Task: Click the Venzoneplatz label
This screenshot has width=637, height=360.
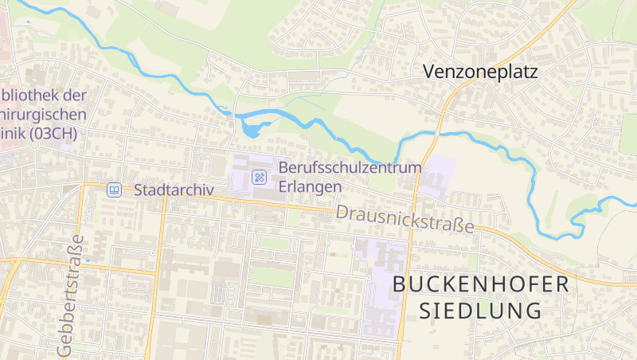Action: click(x=480, y=72)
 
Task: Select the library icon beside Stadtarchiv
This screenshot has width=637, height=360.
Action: click(x=115, y=190)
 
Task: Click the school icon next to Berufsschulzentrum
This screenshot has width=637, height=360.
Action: click(x=259, y=177)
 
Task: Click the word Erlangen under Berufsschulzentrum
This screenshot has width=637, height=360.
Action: click(x=310, y=186)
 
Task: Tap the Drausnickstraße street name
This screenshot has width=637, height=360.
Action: click(x=404, y=220)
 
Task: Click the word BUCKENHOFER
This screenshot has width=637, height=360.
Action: click(x=481, y=284)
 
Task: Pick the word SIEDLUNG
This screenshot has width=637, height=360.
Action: click(x=481, y=311)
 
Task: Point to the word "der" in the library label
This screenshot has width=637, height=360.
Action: click(x=74, y=96)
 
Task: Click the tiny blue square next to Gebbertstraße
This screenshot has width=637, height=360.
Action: click(x=88, y=260)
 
